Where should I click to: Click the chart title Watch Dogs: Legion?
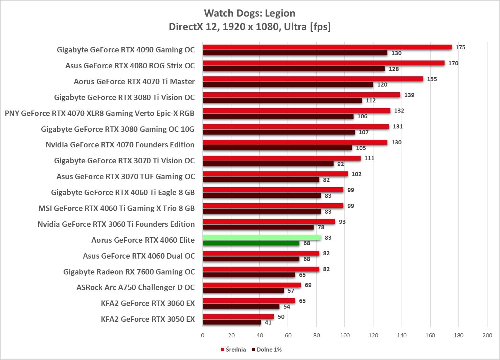point(250,13)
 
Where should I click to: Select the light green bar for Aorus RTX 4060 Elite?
point(262,237)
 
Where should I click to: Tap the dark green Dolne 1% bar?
point(251,243)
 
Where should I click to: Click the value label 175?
point(460,47)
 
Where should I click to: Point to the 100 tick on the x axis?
point(345,335)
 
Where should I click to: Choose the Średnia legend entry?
point(233,350)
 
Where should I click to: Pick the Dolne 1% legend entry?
point(267,350)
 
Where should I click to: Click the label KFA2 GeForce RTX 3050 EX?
point(148,319)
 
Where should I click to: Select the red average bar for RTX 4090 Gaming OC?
point(327,47)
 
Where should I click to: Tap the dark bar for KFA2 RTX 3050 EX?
point(232,322)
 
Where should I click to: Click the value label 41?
point(268,322)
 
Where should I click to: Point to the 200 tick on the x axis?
point(487,335)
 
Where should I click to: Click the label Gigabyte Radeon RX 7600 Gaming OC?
point(129,272)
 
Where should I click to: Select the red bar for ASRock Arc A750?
point(252,285)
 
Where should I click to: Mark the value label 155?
point(432,79)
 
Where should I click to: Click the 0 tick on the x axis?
point(203,335)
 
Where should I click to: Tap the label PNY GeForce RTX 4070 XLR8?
point(99,113)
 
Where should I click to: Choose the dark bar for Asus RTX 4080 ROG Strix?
point(294,69)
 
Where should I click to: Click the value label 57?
point(291,291)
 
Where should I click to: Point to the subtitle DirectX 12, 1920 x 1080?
point(250,26)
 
